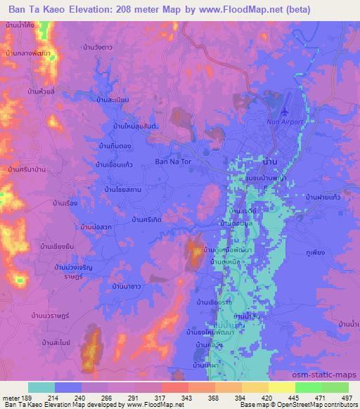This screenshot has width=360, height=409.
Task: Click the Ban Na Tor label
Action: point(173,161)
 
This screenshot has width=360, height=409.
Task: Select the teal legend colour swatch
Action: point(41,387)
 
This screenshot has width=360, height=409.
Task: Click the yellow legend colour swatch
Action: point(281,387)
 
